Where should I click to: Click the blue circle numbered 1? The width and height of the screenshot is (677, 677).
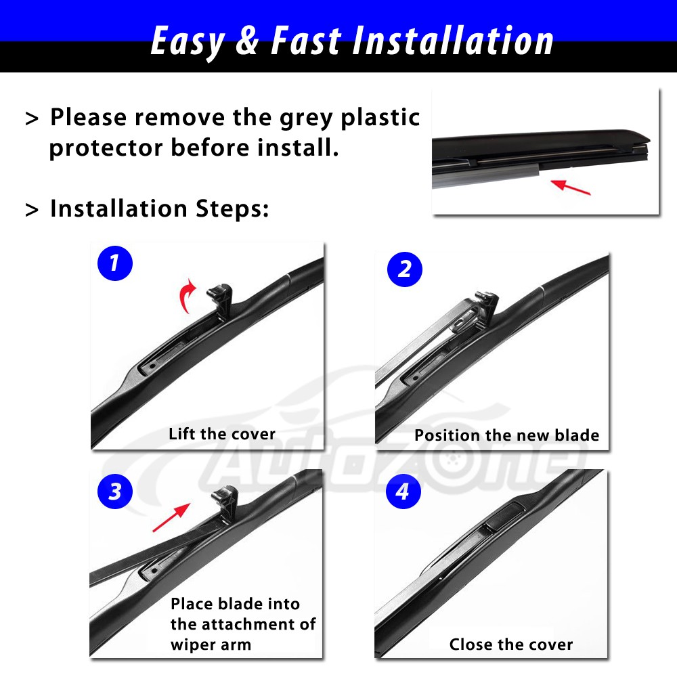coord(115,263)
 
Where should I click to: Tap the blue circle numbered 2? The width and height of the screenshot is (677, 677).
coord(405,269)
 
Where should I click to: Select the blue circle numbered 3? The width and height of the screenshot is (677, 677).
coord(115,492)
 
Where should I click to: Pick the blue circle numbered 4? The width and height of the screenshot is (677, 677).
coord(403,492)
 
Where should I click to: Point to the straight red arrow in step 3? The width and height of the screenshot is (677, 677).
coord(171,517)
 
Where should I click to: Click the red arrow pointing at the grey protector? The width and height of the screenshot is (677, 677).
coord(571,188)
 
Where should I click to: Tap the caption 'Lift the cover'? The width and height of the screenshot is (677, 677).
coord(222,434)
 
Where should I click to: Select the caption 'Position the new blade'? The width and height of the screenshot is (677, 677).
coord(507,435)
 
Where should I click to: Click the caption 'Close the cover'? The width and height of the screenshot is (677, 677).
coord(511,645)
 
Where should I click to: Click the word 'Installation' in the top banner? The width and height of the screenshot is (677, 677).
coord(453,41)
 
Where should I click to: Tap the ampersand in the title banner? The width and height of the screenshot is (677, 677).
coord(248,40)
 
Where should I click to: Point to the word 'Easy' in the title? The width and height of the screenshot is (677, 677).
coord(188,42)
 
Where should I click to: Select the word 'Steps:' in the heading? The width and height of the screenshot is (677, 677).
coord(232,209)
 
